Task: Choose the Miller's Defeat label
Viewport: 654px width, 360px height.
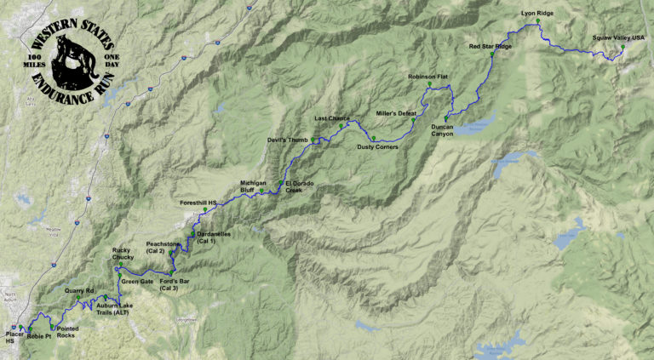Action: (396, 113)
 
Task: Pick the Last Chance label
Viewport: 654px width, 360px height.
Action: (332, 118)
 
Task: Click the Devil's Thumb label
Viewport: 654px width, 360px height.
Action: (287, 140)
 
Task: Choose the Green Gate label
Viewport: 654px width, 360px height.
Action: (137, 281)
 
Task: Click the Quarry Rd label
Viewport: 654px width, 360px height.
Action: (79, 290)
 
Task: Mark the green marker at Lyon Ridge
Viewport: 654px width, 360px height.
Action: (537, 23)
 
